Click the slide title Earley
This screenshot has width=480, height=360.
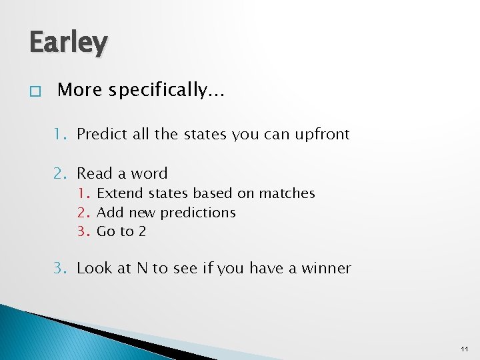(67, 43)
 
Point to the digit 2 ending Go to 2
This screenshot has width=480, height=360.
(141, 232)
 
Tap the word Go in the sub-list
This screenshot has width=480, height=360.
(106, 232)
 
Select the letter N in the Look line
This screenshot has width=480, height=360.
(142, 268)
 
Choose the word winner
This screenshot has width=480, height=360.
(326, 268)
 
